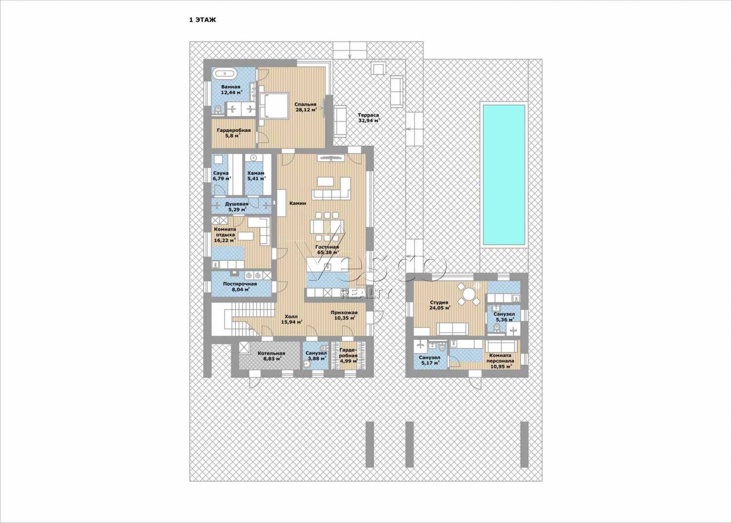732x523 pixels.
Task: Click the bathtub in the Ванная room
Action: pyautogui.click(x=224, y=74)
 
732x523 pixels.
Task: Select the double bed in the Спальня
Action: pyautogui.click(x=274, y=109)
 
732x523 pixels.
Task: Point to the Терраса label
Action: pyautogui.click(x=368, y=118)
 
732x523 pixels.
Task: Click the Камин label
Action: pyautogui.click(x=298, y=203)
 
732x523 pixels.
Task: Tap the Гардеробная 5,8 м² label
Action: pyautogui.click(x=234, y=133)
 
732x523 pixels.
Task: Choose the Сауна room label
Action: pyautogui.click(x=222, y=176)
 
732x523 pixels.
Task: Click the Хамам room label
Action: pyautogui.click(x=256, y=176)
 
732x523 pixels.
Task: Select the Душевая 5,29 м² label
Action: pyautogui.click(x=237, y=207)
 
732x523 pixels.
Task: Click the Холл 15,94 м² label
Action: pyautogui.click(x=291, y=319)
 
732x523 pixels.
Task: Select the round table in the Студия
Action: pyautogui.click(x=468, y=293)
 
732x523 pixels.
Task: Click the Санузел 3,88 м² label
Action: pyautogui.click(x=316, y=356)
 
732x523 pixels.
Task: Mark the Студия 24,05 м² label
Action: pyautogui.click(x=440, y=305)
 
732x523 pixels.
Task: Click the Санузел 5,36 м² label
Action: pyautogui.click(x=504, y=316)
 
